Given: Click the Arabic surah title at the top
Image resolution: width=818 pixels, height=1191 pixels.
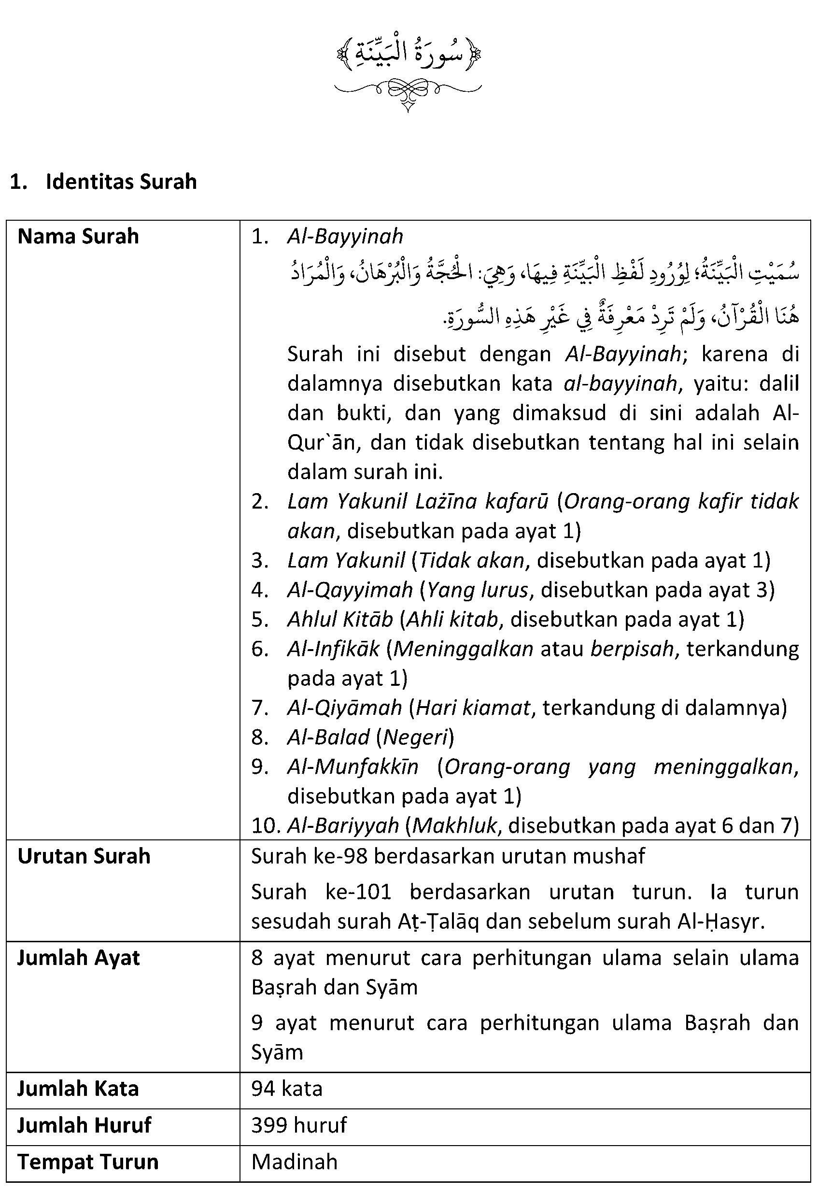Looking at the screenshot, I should [409, 53].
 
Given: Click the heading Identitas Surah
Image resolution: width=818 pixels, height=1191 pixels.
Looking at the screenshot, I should [121, 182].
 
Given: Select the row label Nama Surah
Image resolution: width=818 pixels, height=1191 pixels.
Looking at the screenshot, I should [78, 237].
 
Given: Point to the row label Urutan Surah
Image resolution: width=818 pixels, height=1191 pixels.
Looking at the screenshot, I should [84, 856].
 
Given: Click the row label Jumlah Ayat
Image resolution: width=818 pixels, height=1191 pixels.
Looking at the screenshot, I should [78, 958].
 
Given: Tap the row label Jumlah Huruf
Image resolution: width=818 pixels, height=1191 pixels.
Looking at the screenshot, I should [85, 1125].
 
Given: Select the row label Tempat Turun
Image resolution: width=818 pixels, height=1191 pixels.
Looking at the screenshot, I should [88, 1162].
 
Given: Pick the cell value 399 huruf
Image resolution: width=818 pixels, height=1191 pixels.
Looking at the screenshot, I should [299, 1125].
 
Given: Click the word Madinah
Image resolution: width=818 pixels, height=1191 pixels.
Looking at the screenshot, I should [295, 1162].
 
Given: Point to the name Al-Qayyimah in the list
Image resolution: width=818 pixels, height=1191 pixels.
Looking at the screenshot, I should [350, 590].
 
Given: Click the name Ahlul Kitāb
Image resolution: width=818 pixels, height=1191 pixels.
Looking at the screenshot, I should [340, 620].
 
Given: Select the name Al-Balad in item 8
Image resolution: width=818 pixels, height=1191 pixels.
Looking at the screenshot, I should [328, 737].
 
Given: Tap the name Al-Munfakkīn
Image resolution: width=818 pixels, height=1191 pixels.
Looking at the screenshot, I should [353, 767].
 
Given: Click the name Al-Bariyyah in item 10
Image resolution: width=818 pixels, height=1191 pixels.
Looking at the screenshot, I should [343, 825].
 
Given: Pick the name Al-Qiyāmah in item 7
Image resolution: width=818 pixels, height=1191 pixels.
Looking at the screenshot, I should [344, 708].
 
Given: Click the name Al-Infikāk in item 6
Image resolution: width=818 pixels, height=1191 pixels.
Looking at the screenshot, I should [333, 649].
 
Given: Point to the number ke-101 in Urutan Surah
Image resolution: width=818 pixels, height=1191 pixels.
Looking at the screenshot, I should [359, 892].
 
